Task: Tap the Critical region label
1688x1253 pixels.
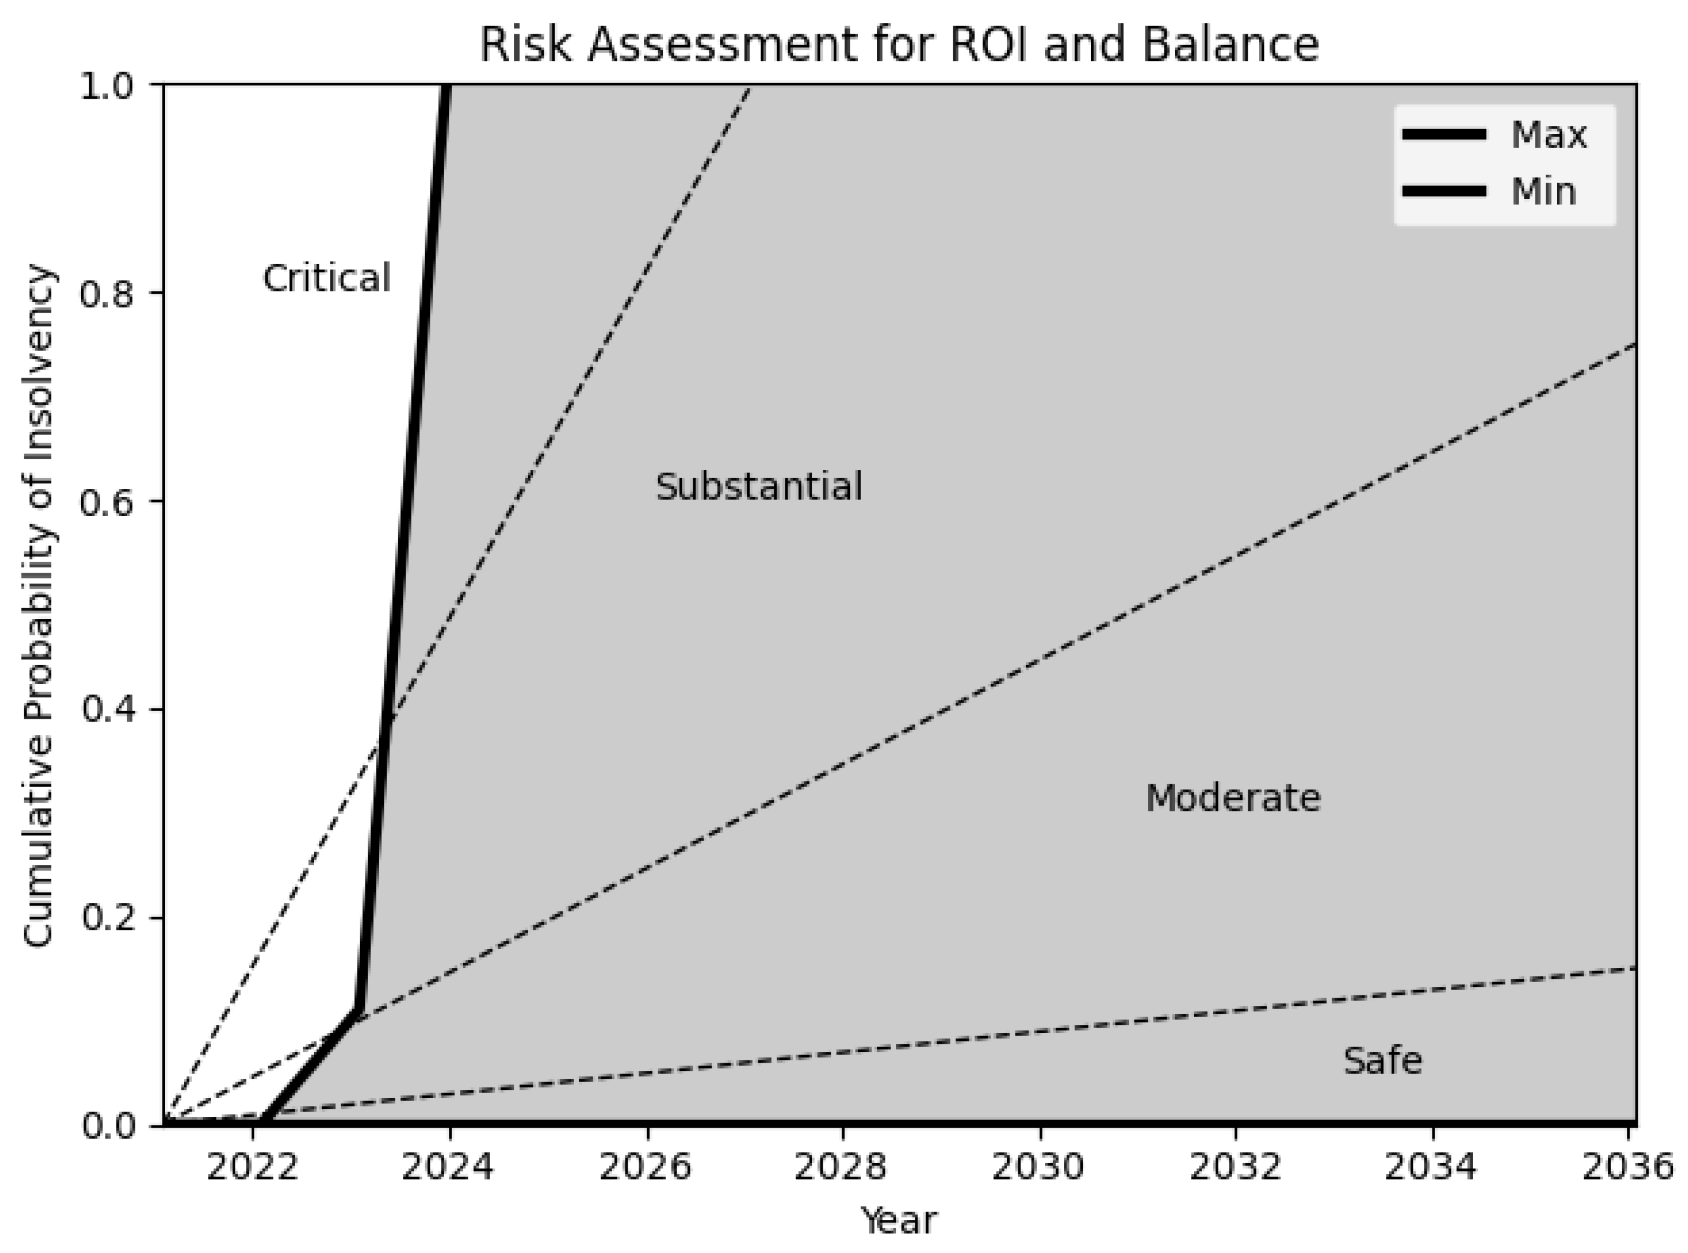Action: pos(327,278)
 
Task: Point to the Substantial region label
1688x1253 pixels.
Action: pos(759,487)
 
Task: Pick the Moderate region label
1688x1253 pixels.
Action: pos(1233,798)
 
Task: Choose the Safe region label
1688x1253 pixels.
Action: pos(1382,1060)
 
